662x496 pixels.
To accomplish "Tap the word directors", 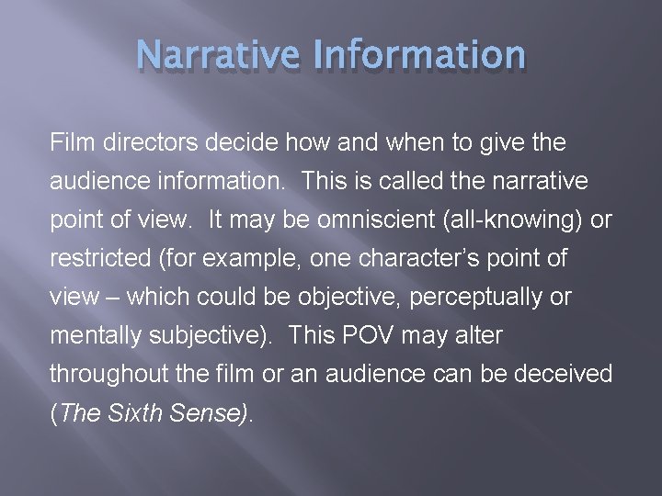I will [x=141, y=142].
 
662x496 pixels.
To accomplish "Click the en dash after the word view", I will [x=115, y=298].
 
